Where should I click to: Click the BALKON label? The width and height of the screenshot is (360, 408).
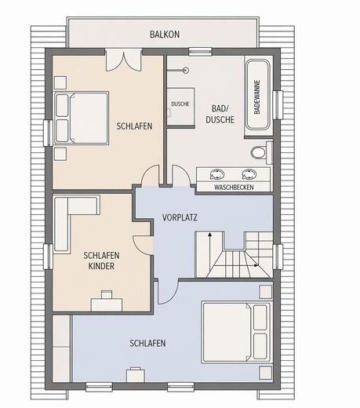pyautogui.click(x=165, y=35)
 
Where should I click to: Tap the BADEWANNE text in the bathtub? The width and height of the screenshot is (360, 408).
pyautogui.click(x=257, y=97)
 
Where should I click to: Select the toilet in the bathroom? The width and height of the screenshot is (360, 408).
pyautogui.click(x=261, y=152)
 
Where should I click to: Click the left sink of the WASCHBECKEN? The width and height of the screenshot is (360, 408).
pyautogui.click(x=217, y=174)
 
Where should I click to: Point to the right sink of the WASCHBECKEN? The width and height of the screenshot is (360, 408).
pyautogui.click(x=249, y=174)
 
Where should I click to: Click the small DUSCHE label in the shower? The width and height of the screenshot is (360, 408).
pyautogui.click(x=180, y=104)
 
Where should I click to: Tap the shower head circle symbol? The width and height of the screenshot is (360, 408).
pyautogui.click(x=186, y=70)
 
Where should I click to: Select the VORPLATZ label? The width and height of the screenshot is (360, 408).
pyautogui.click(x=180, y=217)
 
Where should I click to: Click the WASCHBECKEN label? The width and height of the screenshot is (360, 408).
pyautogui.click(x=234, y=188)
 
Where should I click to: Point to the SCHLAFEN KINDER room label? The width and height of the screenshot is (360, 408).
pyautogui.click(x=101, y=260)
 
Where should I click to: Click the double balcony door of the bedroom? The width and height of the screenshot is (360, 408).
pyautogui.click(x=124, y=60)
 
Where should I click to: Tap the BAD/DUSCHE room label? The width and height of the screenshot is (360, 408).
pyautogui.click(x=220, y=114)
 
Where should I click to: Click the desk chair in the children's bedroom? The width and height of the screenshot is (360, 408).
pyautogui.click(x=107, y=294)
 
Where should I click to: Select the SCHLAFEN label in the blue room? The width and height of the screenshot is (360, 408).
pyautogui.click(x=147, y=343)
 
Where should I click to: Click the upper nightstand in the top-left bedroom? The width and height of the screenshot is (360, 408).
pyautogui.click(x=60, y=82)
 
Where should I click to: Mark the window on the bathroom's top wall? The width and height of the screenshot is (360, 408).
pyautogui.click(x=200, y=52)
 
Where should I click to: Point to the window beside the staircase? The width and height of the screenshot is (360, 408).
pyautogui.click(x=278, y=257)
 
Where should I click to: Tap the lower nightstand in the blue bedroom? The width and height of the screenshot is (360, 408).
pyautogui.click(x=266, y=373)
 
